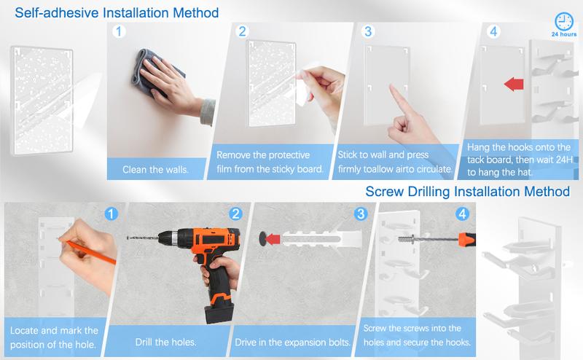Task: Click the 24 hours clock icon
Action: click(564, 22)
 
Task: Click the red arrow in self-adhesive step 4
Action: click(514, 84)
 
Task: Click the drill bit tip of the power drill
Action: click(128, 238)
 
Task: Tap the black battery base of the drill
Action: click(219, 312)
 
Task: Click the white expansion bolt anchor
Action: click(321, 238)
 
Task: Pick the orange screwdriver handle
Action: click(467, 239)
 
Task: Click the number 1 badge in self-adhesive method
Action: click(119, 31)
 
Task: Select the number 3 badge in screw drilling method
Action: click(360, 214)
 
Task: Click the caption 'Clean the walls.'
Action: click(155, 170)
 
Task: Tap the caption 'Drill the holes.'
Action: click(165, 342)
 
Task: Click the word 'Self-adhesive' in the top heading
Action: click(57, 12)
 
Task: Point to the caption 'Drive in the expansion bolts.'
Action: click(293, 342)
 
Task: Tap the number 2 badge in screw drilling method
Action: click(235, 214)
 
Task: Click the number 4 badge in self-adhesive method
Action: click(493, 31)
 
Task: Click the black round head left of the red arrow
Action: click(262, 238)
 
